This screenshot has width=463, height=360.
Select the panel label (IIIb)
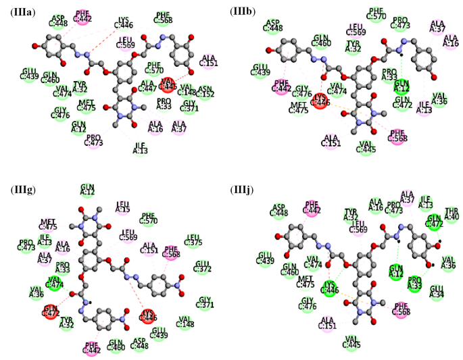click(x=245, y=11)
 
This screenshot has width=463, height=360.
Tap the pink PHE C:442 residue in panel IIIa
click(x=83, y=16)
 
